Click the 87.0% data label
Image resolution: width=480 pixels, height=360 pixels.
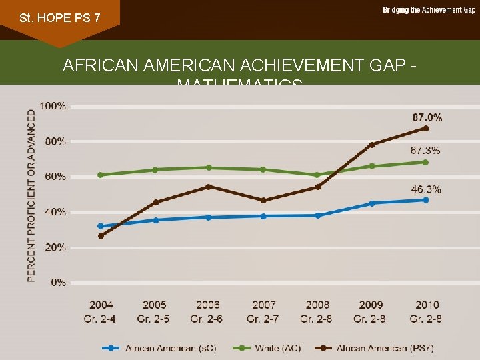tap(427, 117)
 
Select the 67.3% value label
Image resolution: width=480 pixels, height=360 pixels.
tap(425, 150)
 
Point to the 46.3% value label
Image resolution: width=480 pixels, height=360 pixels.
tap(425, 189)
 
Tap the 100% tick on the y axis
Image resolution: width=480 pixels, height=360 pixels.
tap(53, 105)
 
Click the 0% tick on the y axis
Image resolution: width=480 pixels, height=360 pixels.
tap(58, 283)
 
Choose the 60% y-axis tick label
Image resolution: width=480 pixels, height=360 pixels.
tap(55, 177)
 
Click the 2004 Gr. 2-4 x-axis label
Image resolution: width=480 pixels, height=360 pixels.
tap(100, 312)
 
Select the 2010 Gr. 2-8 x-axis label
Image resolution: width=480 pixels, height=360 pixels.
tap(425, 312)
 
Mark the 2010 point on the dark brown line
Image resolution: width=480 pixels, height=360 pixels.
tap(425, 128)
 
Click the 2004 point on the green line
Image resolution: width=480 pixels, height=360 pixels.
tap(100, 175)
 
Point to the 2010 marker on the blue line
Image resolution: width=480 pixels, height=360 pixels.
tap(425, 200)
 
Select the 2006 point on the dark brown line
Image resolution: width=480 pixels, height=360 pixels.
tap(208, 187)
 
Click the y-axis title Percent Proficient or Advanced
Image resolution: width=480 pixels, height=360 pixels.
tap(31, 195)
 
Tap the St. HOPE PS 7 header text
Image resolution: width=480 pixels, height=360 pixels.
tap(60, 17)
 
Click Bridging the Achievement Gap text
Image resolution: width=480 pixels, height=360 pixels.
tap(429, 10)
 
